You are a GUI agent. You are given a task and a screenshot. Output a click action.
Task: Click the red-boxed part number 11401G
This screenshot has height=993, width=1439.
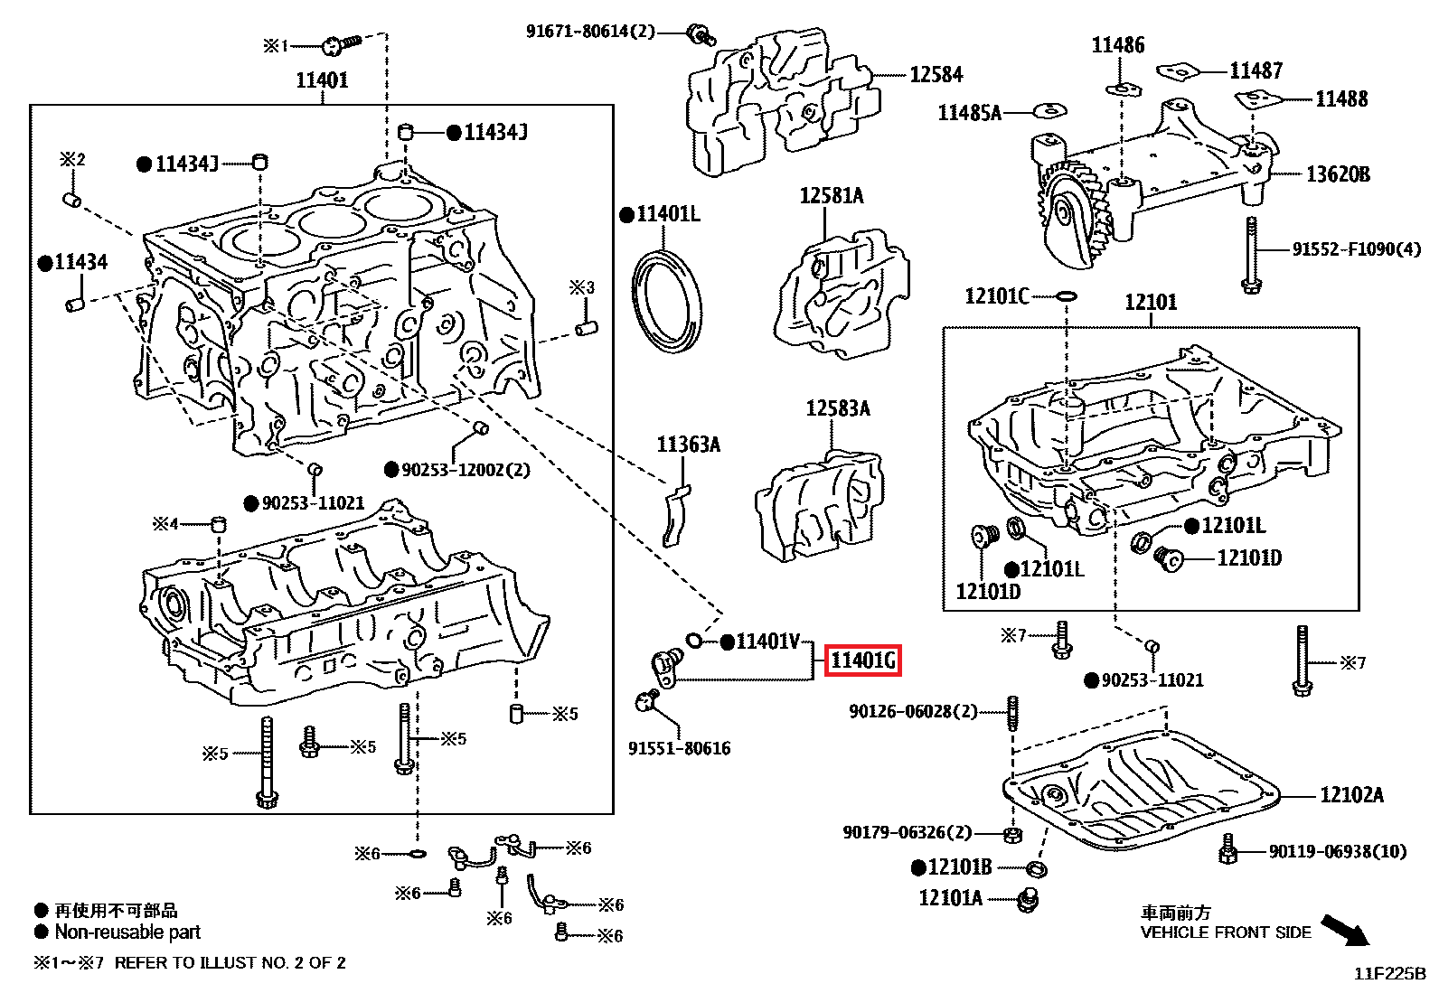coord(862,661)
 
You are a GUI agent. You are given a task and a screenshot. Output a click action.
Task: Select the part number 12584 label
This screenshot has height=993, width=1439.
coord(936,75)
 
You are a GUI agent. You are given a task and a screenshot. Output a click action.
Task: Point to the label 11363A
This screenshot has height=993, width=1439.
coord(688,445)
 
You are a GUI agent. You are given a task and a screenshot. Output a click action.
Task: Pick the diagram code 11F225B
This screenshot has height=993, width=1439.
coord(1389,974)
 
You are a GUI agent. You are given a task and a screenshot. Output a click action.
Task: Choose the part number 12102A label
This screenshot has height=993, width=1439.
coord(1351,795)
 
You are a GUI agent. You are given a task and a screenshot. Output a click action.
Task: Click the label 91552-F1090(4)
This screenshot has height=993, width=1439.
coord(1356,249)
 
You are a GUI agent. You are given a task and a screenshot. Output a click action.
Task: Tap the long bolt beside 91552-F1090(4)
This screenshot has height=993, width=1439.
coord(1252,256)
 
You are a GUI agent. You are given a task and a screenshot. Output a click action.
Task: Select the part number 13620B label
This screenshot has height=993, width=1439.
coord(1338,174)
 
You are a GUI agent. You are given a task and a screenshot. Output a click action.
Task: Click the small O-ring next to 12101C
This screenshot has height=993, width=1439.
coord(1067,296)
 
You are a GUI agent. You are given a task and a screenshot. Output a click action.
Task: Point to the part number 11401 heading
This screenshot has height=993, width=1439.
coord(322,80)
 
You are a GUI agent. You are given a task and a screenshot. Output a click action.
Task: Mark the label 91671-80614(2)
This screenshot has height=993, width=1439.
coord(590,32)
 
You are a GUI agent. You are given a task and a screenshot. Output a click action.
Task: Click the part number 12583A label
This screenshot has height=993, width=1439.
coord(838,409)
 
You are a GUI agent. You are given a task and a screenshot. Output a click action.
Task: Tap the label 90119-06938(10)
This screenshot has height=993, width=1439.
coord(1338,852)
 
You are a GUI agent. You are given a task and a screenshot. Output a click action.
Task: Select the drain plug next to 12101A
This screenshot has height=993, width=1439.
coord(1028,900)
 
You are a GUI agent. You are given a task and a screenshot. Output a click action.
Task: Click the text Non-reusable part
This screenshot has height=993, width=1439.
coord(127,932)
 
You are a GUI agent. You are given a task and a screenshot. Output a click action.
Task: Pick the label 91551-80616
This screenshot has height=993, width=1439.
coord(679,748)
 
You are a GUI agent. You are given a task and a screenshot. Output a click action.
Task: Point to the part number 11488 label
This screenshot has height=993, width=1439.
coord(1341,99)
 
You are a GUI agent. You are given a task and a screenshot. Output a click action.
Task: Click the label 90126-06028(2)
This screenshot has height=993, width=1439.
coord(913,712)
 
